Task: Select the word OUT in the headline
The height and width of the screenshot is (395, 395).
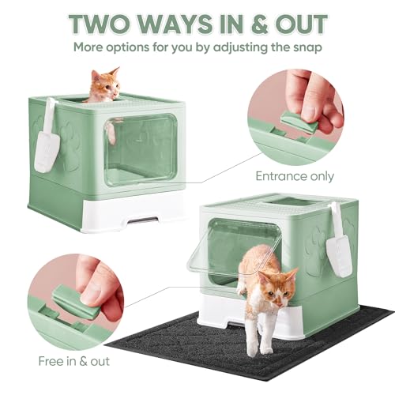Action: [x=301, y=24]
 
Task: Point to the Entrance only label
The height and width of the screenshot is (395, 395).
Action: [x=295, y=176]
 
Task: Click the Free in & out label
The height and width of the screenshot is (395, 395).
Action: [x=73, y=361]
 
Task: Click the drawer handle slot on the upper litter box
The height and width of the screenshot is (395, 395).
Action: [x=143, y=220]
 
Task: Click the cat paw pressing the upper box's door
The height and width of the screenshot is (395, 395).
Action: [x=112, y=133]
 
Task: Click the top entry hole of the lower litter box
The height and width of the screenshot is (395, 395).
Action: [x=291, y=202]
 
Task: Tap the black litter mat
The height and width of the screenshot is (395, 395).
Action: [x=247, y=348]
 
